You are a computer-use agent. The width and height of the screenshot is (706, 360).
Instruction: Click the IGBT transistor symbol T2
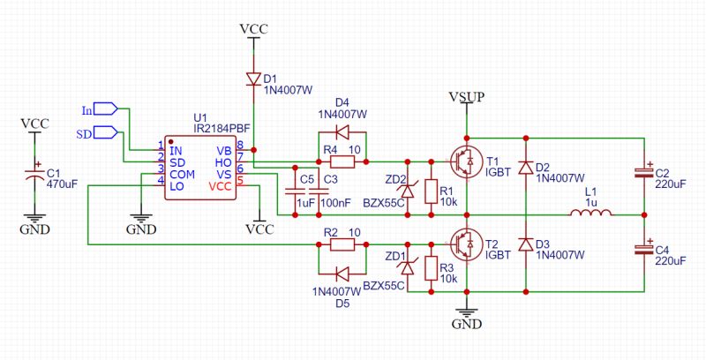click(x=464, y=242)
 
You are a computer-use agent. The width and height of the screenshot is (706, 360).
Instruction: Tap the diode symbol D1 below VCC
click(x=253, y=79)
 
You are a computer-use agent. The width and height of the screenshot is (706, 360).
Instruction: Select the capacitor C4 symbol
click(x=646, y=251)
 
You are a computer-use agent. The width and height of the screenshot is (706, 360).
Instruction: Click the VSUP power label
click(x=465, y=95)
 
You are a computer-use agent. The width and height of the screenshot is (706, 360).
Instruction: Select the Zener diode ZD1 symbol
click(x=406, y=266)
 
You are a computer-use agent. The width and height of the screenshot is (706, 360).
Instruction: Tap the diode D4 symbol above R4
click(x=342, y=133)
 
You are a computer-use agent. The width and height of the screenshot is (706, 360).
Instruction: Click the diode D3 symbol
click(x=527, y=244)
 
